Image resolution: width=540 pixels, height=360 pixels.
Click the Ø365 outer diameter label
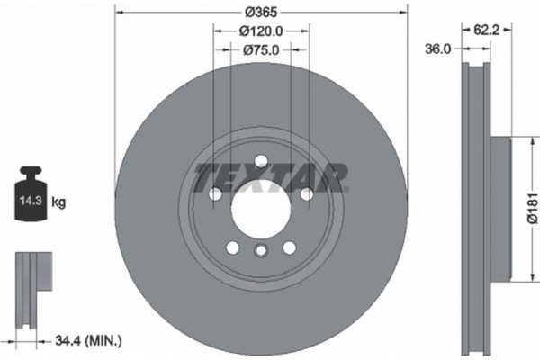[260, 11]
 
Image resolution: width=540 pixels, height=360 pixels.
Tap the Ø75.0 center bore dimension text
[261, 50]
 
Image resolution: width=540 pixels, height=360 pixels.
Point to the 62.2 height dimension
[487, 30]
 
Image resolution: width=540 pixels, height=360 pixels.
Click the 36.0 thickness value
[437, 49]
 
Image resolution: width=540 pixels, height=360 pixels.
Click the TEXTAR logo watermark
[271, 175]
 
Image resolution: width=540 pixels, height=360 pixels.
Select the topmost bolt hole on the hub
[260, 161]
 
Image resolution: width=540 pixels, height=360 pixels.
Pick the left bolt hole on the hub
[215, 193]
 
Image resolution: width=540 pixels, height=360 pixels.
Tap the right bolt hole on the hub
[306, 193]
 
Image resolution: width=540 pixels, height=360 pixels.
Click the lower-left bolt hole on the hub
[232, 247]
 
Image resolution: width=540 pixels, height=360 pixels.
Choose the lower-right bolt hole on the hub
[289, 247]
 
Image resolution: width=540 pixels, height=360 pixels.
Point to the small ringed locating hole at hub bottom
[260, 252]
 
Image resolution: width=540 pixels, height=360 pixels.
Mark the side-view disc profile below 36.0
[476, 207]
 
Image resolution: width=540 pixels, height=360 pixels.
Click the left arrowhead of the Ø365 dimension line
[121, 11]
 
